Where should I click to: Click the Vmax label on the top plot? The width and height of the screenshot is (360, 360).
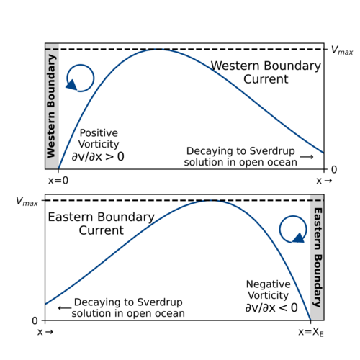pyautogui.click(x=342, y=50)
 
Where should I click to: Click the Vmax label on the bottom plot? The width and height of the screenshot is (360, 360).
pyautogui.click(x=27, y=202)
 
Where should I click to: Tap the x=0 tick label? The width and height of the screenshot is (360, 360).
pyautogui.click(x=58, y=181)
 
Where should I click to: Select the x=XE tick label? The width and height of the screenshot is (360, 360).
pyautogui.click(x=311, y=332)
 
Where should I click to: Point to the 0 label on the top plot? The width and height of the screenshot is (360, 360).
pyautogui.click(x=334, y=170)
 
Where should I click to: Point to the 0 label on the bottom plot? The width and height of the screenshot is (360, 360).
pyautogui.click(x=35, y=320)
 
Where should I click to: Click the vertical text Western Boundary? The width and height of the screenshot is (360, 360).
pyautogui.click(x=51, y=107)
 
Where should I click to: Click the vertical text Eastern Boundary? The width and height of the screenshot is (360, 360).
pyautogui.click(x=318, y=258)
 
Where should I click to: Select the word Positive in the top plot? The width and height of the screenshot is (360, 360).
pyautogui.click(x=99, y=133)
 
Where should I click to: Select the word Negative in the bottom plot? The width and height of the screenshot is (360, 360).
pyautogui.click(x=269, y=284)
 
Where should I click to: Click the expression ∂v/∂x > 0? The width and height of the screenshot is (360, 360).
pyautogui.click(x=98, y=156)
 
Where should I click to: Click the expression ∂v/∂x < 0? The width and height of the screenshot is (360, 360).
pyautogui.click(x=271, y=307)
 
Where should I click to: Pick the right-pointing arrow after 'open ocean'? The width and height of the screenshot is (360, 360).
pyautogui.click(x=307, y=157)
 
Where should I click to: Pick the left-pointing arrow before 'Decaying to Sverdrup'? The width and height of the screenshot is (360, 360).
pyautogui.click(x=65, y=307)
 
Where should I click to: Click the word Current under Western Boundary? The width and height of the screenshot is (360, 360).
pyautogui.click(x=266, y=79)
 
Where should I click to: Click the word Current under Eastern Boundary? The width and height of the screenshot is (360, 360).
pyautogui.click(x=101, y=230)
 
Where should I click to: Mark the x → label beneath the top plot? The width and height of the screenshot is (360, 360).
pyautogui.click(x=324, y=181)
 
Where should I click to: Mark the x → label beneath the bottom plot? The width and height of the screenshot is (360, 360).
pyautogui.click(x=45, y=332)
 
